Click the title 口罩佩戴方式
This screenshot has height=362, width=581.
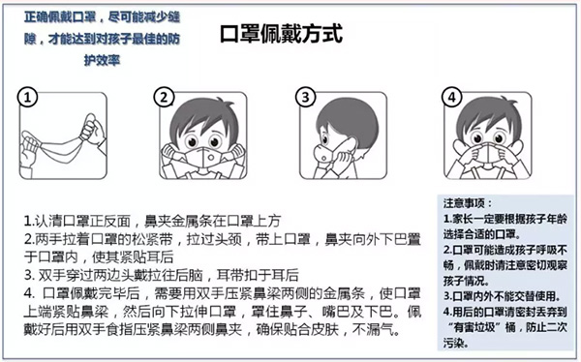[281, 35]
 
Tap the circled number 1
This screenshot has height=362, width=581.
[27, 98]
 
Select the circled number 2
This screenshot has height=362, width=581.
[164, 98]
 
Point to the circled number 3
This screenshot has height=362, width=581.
[305, 98]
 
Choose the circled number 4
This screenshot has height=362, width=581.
[451, 98]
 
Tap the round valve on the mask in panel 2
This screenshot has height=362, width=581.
[210, 158]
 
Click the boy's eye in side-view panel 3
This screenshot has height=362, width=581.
[325, 139]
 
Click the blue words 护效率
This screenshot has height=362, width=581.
[103, 60]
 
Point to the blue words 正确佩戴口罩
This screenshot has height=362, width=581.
[60, 17]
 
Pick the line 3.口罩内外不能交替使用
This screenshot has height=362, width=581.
[502, 296]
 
